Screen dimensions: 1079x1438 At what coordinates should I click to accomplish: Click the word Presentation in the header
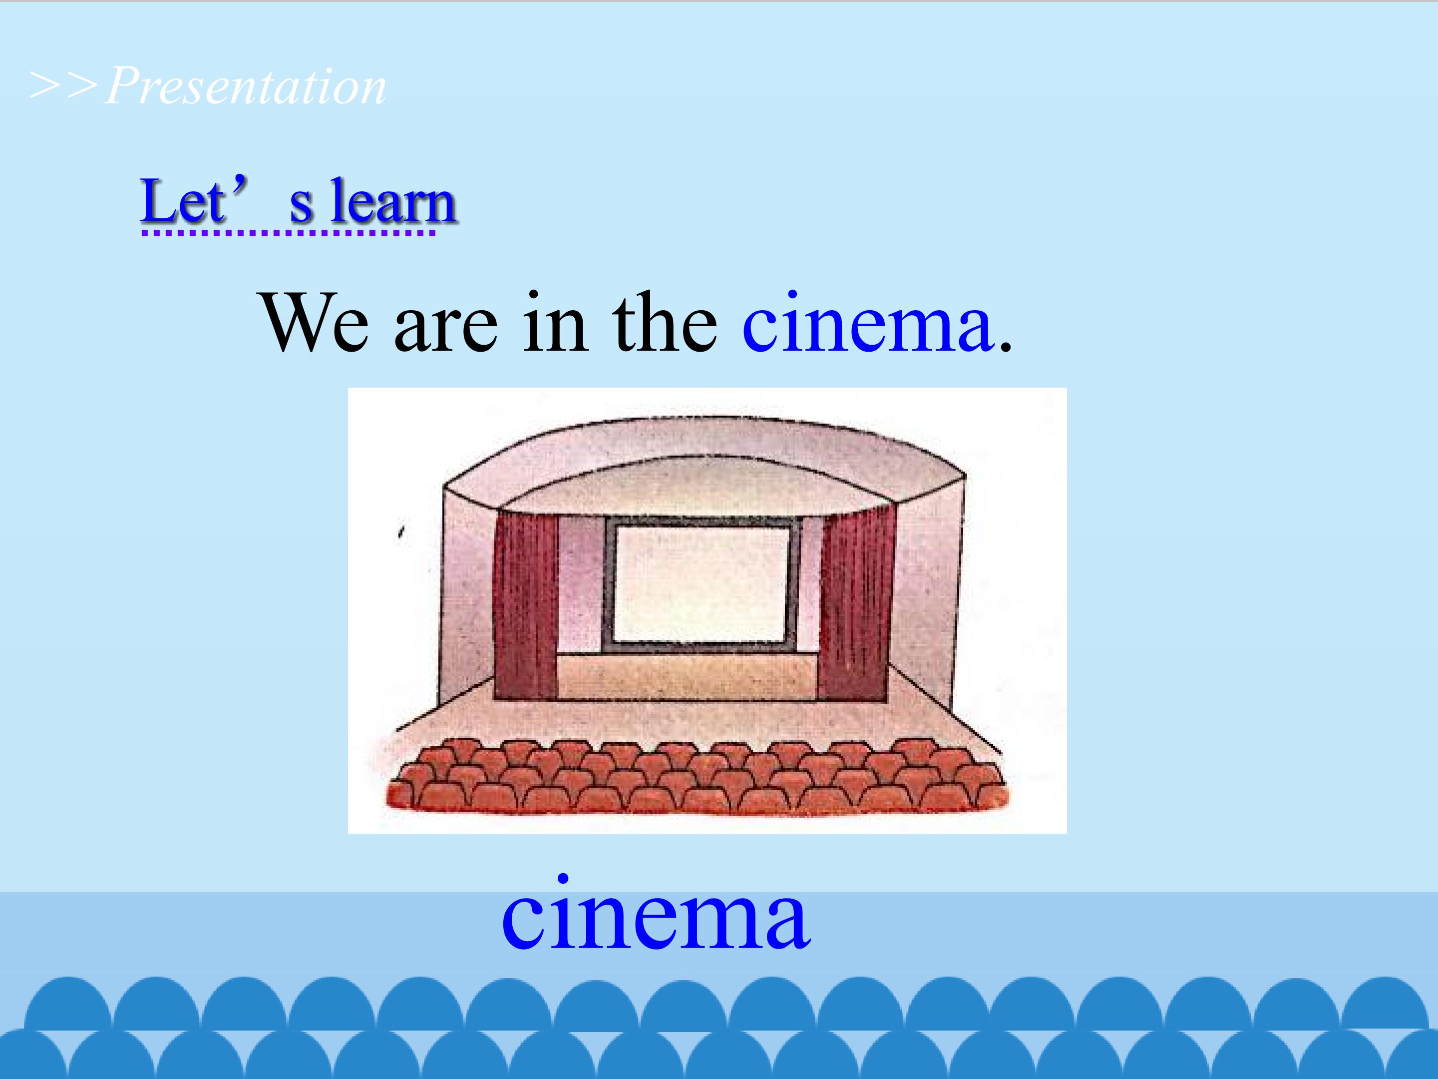pos(246,86)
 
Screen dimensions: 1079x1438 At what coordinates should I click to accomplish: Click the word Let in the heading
pos(182,202)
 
